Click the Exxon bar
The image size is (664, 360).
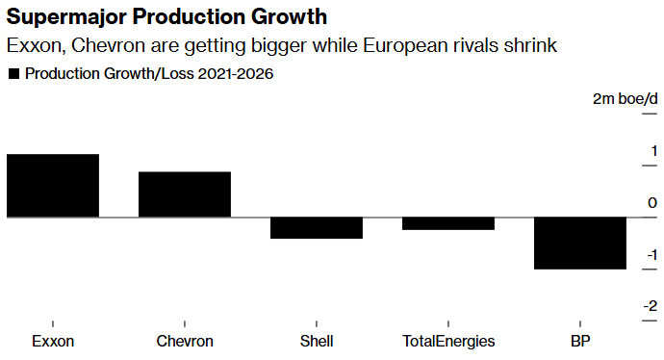pyautogui.click(x=52, y=186)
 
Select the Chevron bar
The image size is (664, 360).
pyautogui.click(x=184, y=194)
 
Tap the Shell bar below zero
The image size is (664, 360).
pyautogui.click(x=316, y=228)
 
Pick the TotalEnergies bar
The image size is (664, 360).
pyautogui.click(x=447, y=223)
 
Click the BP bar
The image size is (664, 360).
pyautogui.click(x=579, y=244)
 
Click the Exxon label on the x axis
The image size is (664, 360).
pyautogui.click(x=52, y=341)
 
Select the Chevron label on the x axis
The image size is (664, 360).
pyautogui.click(x=184, y=341)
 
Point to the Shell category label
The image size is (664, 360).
pyautogui.click(x=316, y=341)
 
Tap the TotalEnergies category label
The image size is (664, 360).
pyautogui.click(x=447, y=341)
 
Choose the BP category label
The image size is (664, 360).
pyautogui.click(x=579, y=341)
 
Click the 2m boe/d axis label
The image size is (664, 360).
pyautogui.click(x=626, y=99)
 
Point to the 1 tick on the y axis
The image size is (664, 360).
pyautogui.click(x=652, y=151)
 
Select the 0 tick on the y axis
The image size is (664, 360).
pyautogui.click(x=652, y=203)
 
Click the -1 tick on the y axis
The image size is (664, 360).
pyautogui.click(x=651, y=255)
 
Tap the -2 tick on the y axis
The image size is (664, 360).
pyautogui.click(x=651, y=306)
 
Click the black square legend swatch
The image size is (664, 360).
pyautogui.click(x=13, y=73)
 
